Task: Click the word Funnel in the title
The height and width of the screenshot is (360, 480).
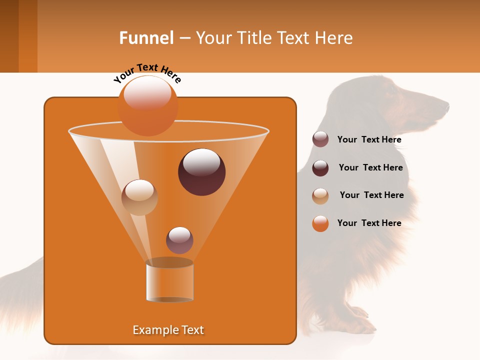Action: [146, 38]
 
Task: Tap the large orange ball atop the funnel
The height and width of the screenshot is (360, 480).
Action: [148, 105]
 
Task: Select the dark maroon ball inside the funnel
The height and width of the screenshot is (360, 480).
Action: [201, 172]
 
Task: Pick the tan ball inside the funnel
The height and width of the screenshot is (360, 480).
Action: [139, 197]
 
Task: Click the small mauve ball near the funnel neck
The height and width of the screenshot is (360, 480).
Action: [179, 240]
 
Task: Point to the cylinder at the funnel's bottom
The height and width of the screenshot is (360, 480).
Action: [169, 282]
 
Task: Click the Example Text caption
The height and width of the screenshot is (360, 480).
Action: [168, 330]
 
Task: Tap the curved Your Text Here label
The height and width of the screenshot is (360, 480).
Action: [147, 73]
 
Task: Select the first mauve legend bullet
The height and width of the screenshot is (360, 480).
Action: [320, 139]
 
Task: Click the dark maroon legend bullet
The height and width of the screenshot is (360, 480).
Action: [320, 168]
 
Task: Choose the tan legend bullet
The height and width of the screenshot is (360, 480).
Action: [320, 195]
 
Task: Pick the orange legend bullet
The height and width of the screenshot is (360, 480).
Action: [320, 223]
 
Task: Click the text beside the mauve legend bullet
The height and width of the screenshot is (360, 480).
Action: [369, 140]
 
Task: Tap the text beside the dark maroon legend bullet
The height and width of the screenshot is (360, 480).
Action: [370, 168]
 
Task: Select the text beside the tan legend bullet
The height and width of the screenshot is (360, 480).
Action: [371, 195]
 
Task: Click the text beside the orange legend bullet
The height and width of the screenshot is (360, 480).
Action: [369, 223]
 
